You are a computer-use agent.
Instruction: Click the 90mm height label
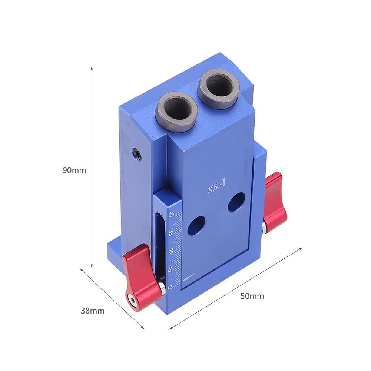(x=74, y=170)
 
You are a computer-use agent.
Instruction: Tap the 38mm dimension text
(x=92, y=311)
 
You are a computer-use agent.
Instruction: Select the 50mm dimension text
(x=252, y=296)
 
